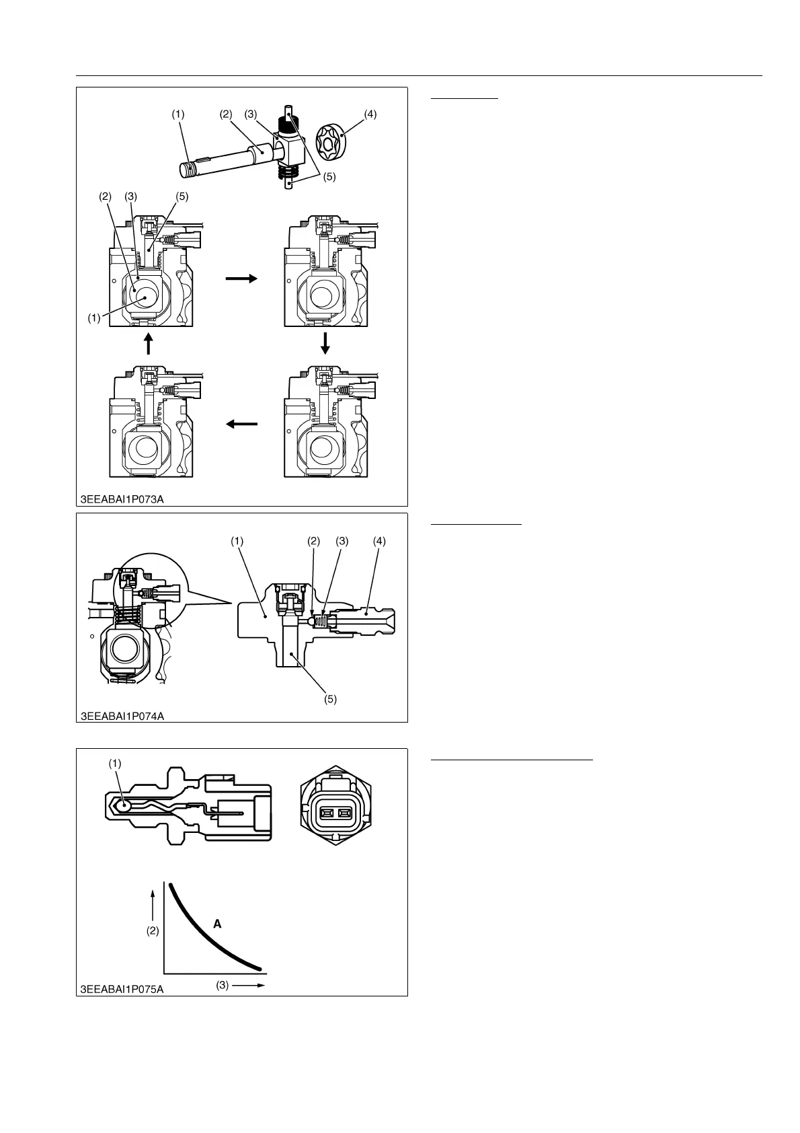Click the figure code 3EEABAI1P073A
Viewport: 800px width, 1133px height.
pyautogui.click(x=122, y=499)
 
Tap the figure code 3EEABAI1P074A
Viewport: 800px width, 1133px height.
pyautogui.click(x=122, y=716)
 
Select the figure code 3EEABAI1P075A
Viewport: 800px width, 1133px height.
pyautogui.click(x=122, y=989)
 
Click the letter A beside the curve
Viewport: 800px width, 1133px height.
pyautogui.click(x=217, y=924)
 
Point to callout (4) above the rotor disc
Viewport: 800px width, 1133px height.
pyautogui.click(x=370, y=114)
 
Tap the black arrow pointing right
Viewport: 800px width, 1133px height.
pyautogui.click(x=241, y=278)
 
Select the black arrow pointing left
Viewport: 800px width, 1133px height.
pyautogui.click(x=241, y=424)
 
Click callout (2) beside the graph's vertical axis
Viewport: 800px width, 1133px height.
pyautogui.click(x=153, y=931)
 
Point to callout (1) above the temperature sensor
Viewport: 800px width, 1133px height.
pyautogui.click(x=116, y=763)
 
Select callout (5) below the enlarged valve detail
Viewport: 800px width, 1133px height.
pyautogui.click(x=330, y=699)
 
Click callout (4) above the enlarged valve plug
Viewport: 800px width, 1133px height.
pyautogui.click(x=379, y=541)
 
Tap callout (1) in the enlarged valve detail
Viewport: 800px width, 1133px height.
pyautogui.click(x=237, y=541)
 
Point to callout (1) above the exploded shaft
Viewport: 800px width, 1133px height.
pyautogui.click(x=177, y=114)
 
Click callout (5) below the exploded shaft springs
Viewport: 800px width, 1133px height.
pyautogui.click(x=329, y=178)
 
